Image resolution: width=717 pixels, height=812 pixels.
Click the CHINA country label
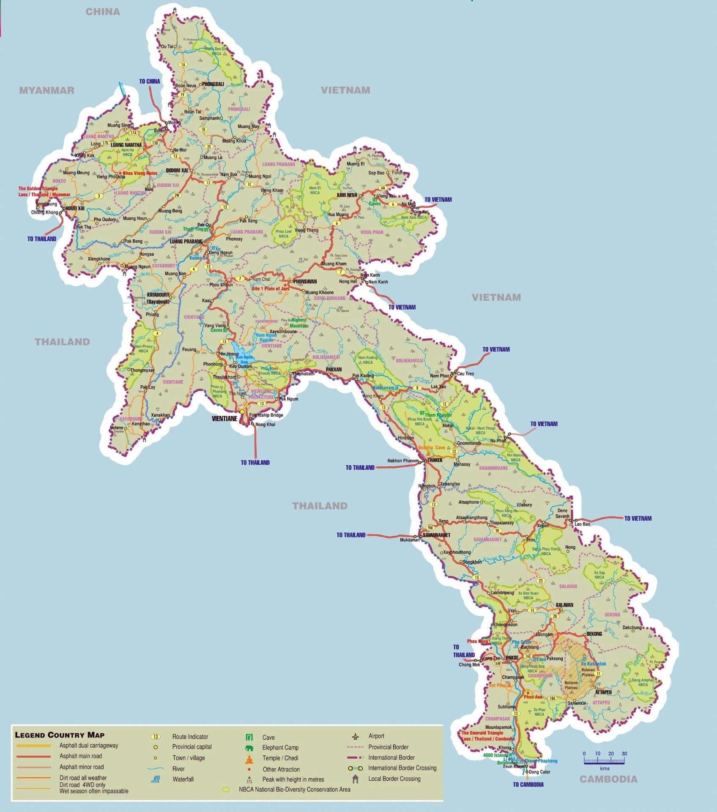pyautogui.click(x=103, y=12)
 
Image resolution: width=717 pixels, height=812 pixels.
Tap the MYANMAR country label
pyautogui.click(x=47, y=90)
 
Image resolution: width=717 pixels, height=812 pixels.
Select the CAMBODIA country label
pyautogui.click(x=608, y=779)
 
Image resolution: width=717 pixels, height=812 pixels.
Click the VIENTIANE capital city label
pyautogui.click(x=224, y=419)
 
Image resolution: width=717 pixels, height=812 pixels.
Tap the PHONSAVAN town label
pyautogui.click(x=305, y=281)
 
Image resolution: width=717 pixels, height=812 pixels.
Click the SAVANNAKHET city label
pyautogui.click(x=436, y=535)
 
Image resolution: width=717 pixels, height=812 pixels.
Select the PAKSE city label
pyautogui.click(x=512, y=658)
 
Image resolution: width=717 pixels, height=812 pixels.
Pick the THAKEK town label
pyautogui.click(x=435, y=460)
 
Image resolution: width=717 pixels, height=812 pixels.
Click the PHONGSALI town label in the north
pyautogui.click(x=213, y=84)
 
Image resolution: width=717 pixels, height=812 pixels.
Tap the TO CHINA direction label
pyautogui.click(x=150, y=81)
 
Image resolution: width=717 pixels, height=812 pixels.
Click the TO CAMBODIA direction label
pyautogui.click(x=528, y=785)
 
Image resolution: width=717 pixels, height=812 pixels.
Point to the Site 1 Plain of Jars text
pyautogui.click(x=271, y=288)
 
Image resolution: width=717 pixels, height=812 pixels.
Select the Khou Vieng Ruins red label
pyautogui.click(x=140, y=173)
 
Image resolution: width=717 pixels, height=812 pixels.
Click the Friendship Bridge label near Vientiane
pyautogui.click(x=266, y=415)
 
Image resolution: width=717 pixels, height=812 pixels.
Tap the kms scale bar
pyautogui.click(x=605, y=761)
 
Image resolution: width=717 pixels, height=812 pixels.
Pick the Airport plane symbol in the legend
pyautogui.click(x=355, y=736)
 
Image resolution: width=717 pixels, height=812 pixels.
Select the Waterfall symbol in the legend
pyautogui.click(x=155, y=779)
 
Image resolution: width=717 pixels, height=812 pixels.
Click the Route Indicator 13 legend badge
pyautogui.click(x=156, y=736)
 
